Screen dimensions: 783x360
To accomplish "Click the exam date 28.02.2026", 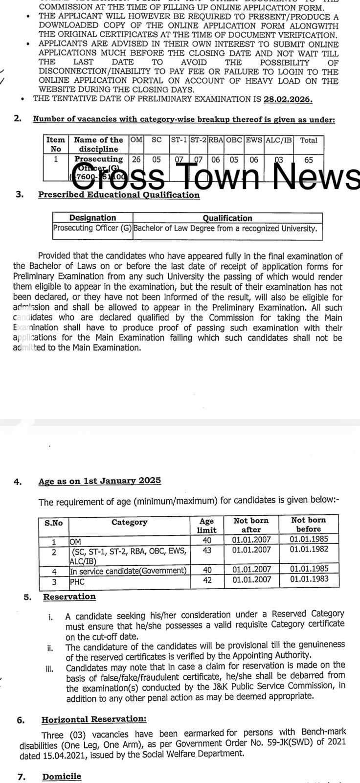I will (288, 99).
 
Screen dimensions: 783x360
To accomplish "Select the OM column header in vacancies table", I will (136, 140).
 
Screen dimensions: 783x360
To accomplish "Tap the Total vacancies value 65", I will (308, 160).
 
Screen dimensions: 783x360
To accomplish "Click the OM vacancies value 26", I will (136, 160).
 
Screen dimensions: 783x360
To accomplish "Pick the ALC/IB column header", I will (279, 140).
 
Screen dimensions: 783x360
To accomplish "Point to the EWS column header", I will (254, 140).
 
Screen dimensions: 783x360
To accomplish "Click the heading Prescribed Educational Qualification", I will (119, 195).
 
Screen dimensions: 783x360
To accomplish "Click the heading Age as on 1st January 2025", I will (100, 481).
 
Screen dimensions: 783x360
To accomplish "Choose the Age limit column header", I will (207, 525).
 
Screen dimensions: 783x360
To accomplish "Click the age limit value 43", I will (207, 550).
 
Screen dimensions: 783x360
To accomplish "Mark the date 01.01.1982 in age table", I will (308, 550).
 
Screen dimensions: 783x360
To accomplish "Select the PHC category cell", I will (77, 582).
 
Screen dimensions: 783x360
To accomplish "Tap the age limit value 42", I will (207, 579).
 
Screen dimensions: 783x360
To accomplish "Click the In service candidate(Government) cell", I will (128, 571).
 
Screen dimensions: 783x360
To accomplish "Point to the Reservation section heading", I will (69, 597).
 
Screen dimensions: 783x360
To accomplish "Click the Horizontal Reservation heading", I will (94, 719).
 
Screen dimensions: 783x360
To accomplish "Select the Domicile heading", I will (62, 777).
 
